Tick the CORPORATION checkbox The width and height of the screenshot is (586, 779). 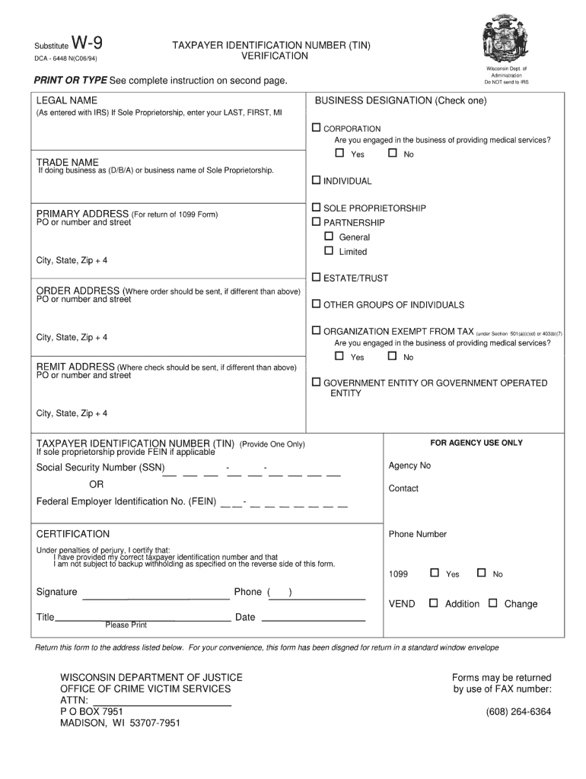[x=317, y=128]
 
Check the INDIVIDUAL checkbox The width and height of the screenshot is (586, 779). [x=317, y=180]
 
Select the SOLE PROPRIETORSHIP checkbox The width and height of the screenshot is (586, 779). [x=317, y=207]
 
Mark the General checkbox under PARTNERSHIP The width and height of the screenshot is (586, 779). [x=329, y=237]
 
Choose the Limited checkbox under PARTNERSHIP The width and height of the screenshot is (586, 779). [x=329, y=250]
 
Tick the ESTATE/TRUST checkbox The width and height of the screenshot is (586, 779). [x=317, y=277]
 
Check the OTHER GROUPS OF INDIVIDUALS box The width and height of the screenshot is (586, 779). [x=317, y=304]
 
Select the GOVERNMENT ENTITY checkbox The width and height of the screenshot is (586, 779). [x=317, y=382]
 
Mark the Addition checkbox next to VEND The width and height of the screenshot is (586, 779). [x=434, y=603]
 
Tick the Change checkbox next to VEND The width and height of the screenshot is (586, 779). [x=492, y=603]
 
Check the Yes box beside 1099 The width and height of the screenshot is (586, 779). [x=435, y=573]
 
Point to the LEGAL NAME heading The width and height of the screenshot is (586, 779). [x=66, y=100]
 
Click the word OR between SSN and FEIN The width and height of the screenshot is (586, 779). [x=97, y=485]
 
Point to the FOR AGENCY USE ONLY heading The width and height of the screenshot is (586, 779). [x=476, y=443]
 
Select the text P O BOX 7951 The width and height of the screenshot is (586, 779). [x=91, y=711]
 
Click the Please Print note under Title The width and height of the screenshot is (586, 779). [x=126, y=625]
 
